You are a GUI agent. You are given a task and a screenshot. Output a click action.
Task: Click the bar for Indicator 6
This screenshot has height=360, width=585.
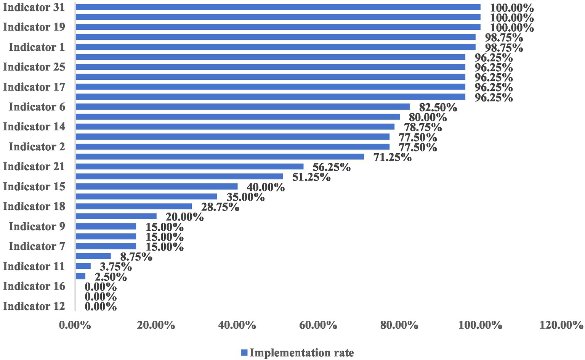242,107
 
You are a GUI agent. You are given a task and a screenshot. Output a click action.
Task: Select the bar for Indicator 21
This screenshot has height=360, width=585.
189,167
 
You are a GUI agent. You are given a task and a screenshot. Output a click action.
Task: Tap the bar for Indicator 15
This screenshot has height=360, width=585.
157,186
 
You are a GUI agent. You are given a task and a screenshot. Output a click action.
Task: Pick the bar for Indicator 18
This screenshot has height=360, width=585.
134,206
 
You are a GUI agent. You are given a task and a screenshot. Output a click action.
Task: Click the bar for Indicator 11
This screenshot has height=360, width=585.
83,266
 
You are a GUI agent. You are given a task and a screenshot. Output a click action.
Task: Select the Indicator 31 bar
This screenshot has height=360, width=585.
278,7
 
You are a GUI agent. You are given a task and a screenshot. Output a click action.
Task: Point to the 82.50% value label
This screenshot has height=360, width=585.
438,108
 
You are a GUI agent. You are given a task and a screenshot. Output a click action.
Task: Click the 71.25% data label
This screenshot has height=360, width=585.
393,157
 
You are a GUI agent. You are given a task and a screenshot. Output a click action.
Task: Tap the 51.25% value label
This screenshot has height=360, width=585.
311,177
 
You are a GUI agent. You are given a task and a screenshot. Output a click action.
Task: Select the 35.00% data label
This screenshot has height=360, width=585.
245,197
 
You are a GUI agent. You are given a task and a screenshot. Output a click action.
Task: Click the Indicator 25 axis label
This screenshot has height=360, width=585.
34,67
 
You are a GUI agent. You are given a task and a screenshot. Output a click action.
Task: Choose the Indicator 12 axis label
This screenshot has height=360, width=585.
34,306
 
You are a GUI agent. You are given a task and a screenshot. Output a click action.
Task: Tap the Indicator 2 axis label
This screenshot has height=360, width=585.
37,147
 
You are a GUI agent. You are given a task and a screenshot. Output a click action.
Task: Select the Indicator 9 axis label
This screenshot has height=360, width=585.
37,227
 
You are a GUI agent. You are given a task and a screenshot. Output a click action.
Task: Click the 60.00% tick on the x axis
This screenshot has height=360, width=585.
318,325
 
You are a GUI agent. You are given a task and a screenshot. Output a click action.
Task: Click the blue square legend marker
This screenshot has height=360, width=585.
244,353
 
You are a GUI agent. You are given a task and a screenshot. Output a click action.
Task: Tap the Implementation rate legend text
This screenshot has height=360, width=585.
302,353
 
